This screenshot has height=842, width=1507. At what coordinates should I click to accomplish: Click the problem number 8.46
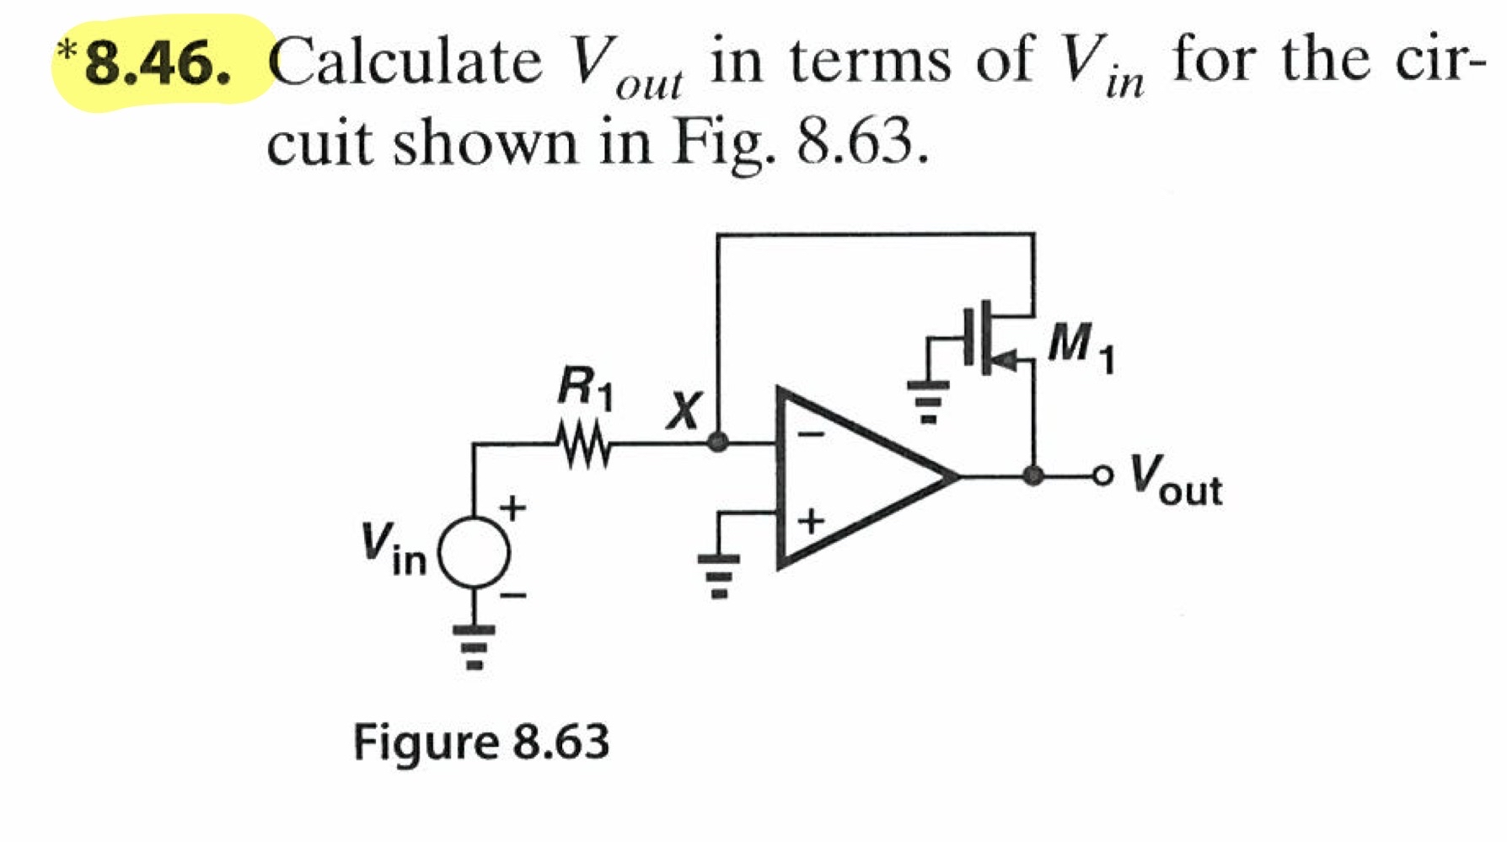[158, 64]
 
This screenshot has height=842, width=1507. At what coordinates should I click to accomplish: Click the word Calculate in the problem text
[406, 62]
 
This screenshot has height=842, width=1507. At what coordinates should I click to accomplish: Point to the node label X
[684, 411]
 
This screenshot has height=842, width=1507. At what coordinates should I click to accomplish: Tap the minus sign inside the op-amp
[812, 435]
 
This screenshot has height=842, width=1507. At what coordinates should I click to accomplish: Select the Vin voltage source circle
[475, 553]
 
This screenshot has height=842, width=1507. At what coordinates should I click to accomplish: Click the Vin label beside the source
[394, 550]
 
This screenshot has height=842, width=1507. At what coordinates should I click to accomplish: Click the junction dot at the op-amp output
[1032, 476]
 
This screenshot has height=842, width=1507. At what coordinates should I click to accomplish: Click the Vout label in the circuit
[1177, 481]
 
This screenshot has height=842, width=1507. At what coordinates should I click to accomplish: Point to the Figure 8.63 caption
[480, 742]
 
